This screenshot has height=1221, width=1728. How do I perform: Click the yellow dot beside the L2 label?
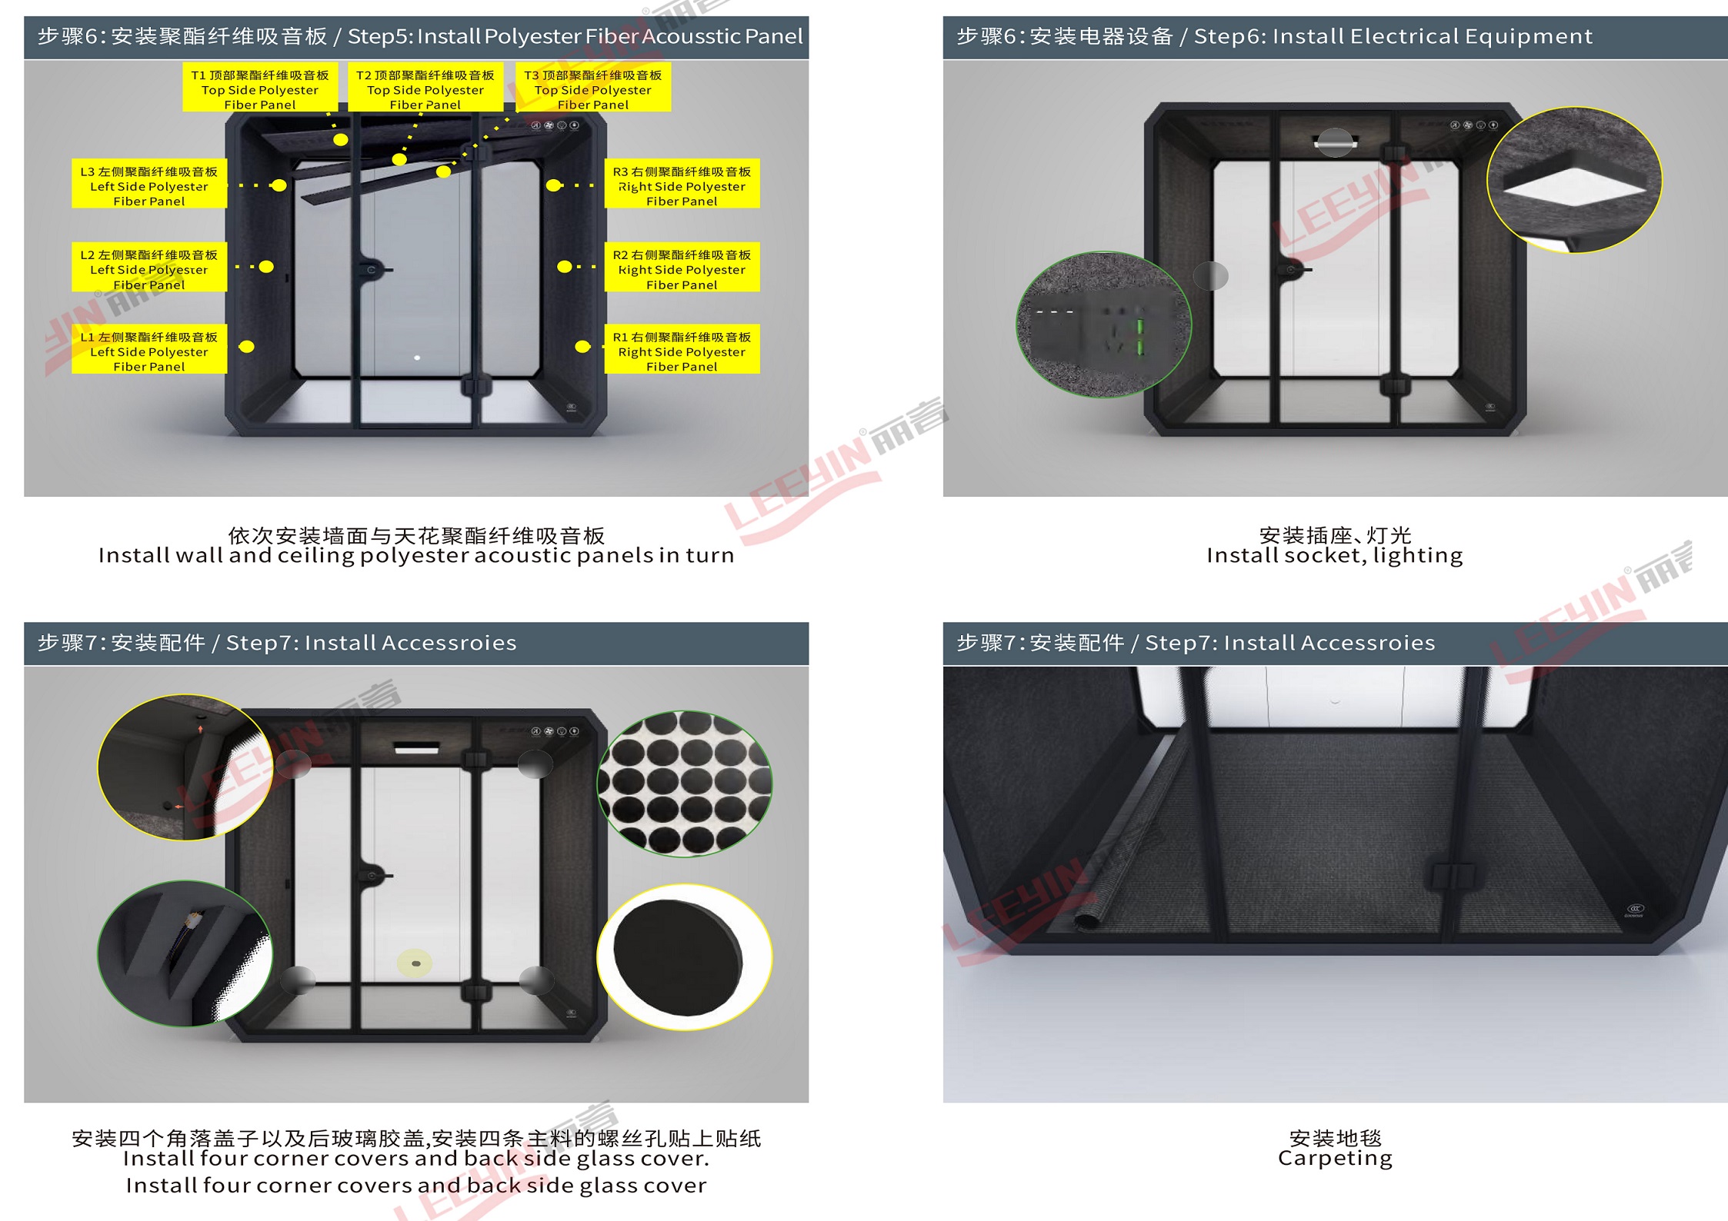[x=266, y=267]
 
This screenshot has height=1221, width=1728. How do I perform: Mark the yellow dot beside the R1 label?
[x=583, y=347]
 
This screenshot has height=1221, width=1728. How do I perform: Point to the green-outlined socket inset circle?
[x=1104, y=324]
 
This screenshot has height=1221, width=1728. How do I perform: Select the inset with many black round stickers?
[x=685, y=784]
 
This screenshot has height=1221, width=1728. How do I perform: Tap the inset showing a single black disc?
[x=685, y=957]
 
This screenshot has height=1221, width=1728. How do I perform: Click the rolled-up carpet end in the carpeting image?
[x=1087, y=920]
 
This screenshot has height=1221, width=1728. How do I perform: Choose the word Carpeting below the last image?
[x=1335, y=1159]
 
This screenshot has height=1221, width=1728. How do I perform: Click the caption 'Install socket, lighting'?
[x=1335, y=555]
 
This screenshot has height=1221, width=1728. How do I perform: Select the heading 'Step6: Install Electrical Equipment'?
[x=1393, y=37]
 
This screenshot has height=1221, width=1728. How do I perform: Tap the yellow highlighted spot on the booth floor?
[x=415, y=963]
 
